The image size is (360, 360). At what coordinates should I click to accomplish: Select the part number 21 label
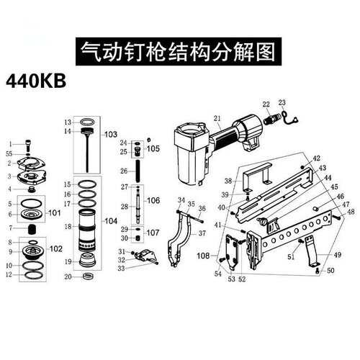pyautogui.click(x=217, y=118)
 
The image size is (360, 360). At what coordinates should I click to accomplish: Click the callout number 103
pyautogui.click(x=110, y=135)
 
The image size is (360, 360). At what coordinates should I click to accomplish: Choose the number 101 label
pyautogui.click(x=55, y=213)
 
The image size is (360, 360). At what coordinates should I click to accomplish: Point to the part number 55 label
pyautogui.click(x=9, y=154)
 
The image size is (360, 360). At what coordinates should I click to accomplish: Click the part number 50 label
pyautogui.click(x=330, y=271)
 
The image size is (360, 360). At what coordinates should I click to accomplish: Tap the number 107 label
pyautogui.click(x=153, y=233)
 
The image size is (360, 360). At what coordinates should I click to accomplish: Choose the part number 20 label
pyautogui.click(x=67, y=276)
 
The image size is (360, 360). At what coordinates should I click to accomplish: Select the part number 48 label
pyautogui.click(x=351, y=212)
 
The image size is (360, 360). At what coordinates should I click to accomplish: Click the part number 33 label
pyautogui.click(x=122, y=268)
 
